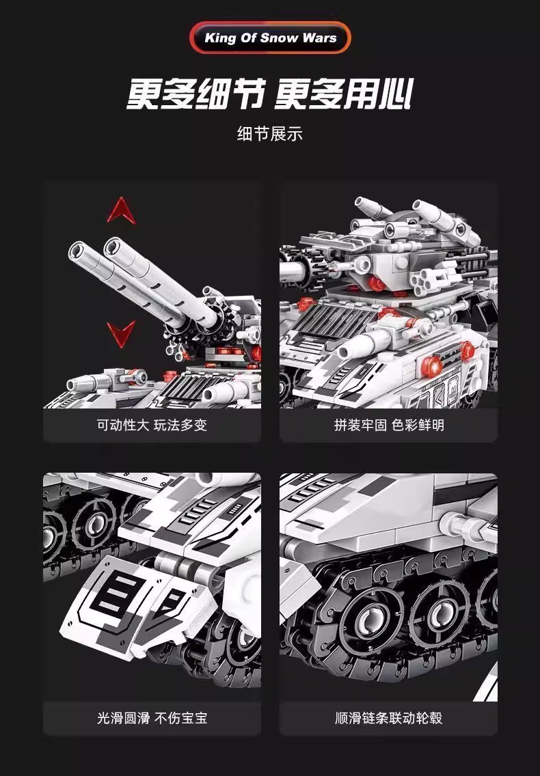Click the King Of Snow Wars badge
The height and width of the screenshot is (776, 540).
(x=270, y=38)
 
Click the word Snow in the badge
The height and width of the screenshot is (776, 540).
(x=279, y=38)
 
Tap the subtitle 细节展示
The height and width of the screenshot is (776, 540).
(x=269, y=134)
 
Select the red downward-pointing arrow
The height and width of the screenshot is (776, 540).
(x=122, y=333)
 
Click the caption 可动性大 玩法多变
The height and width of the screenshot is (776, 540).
(x=152, y=425)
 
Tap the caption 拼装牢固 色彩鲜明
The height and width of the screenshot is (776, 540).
(x=389, y=425)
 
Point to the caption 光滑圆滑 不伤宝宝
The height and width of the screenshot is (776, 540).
(x=152, y=718)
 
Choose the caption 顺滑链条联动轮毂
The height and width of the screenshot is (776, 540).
(x=389, y=718)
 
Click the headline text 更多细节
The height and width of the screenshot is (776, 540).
(x=195, y=94)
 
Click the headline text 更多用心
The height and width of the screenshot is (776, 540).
(x=343, y=94)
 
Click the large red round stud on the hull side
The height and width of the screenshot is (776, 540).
(x=433, y=366)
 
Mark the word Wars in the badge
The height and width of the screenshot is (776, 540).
(x=319, y=38)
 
